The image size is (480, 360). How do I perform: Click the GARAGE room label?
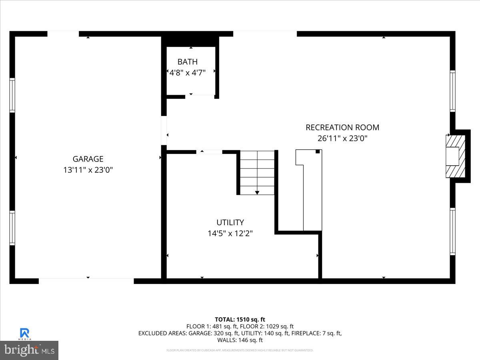pyautogui.click(x=88, y=159)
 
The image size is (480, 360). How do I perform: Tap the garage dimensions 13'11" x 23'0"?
pyautogui.click(x=88, y=170)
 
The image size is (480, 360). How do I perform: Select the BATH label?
pyautogui.click(x=188, y=62)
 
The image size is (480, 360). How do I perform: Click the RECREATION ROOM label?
pyautogui.click(x=342, y=128)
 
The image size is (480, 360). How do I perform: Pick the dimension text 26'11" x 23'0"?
pyautogui.click(x=342, y=138)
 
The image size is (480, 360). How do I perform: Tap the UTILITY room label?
pyautogui.click(x=230, y=222)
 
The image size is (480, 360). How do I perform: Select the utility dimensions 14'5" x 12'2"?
pyautogui.click(x=230, y=233)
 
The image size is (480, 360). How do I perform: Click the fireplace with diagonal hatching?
pyautogui.click(x=456, y=156)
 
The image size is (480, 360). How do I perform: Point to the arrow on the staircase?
pyautogui.click(x=257, y=192)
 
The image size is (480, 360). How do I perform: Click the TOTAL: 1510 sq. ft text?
pyautogui.click(x=240, y=319)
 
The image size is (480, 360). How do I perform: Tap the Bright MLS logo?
pyautogui.click(x=29, y=350)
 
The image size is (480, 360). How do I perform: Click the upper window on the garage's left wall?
pyautogui.click(x=12, y=95)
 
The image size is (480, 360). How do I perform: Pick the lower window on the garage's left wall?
pyautogui.click(x=12, y=228)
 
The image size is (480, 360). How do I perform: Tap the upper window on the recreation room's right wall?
pyautogui.click(x=452, y=91)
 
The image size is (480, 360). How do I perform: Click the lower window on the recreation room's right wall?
pyautogui.click(x=452, y=232)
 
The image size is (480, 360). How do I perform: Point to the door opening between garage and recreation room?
pyautogui.click(x=164, y=130)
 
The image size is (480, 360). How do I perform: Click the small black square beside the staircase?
pyautogui.click(x=318, y=152)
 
